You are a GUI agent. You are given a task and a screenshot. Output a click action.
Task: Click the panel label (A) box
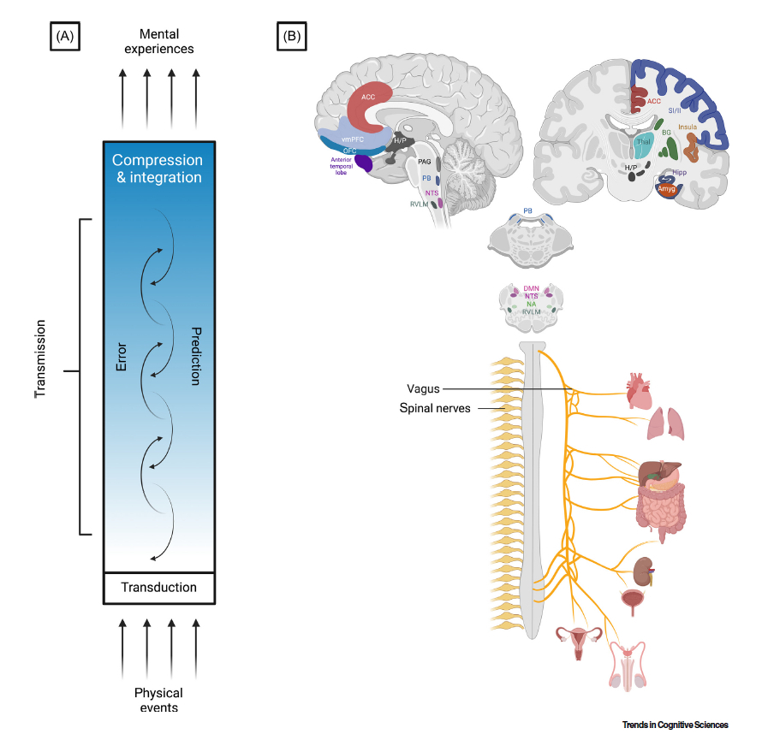pos(65,37)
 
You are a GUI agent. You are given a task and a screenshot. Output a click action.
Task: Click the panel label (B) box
pos(291,37)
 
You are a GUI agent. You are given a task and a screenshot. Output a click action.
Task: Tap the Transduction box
pos(158,588)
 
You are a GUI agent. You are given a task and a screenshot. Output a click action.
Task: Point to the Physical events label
pos(158,700)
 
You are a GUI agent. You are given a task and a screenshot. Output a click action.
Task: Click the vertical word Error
pos(121,358)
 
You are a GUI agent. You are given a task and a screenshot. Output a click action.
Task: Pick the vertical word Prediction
pos(195,356)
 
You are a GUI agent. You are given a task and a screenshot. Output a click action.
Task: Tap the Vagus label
pos(423,389)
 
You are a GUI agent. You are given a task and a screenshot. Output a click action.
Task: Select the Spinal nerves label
pos(434,409)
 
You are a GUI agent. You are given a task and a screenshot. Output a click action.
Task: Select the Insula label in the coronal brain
pos(688,127)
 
